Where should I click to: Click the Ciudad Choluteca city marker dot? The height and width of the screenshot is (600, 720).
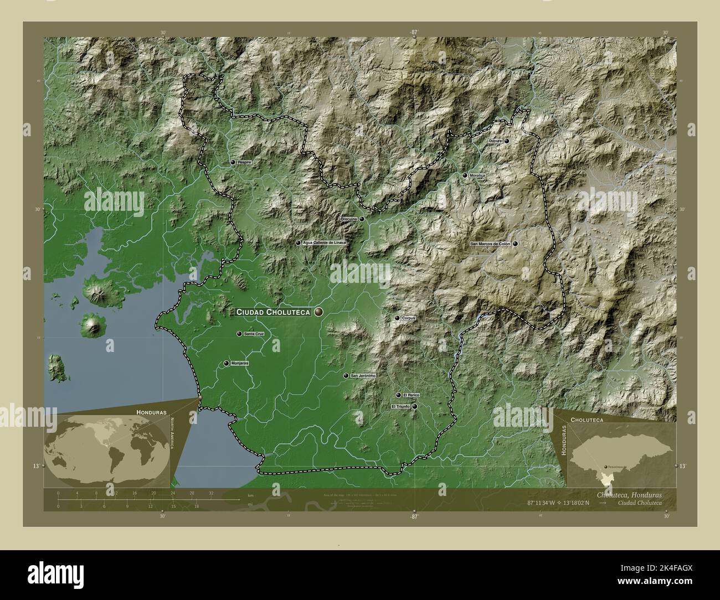pos(318,312)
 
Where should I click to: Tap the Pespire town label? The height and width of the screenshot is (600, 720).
pos(244,163)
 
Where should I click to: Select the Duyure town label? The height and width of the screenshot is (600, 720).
pos(495,142)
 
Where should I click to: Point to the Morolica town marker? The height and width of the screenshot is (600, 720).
pos(465,175)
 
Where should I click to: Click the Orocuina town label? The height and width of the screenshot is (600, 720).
pos(348,219)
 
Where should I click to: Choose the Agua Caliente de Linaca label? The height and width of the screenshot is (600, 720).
pos(325,243)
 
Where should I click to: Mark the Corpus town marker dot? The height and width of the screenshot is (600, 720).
pos(397,318)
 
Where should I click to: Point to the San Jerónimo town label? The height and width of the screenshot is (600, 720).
pos(363,376)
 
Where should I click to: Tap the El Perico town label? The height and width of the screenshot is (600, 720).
pos(412,395)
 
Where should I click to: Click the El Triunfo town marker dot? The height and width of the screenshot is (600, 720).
pos(414,406)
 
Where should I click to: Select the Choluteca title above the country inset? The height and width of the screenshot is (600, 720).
pos(588,420)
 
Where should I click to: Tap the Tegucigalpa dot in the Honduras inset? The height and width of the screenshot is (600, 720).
pos(605,467)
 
